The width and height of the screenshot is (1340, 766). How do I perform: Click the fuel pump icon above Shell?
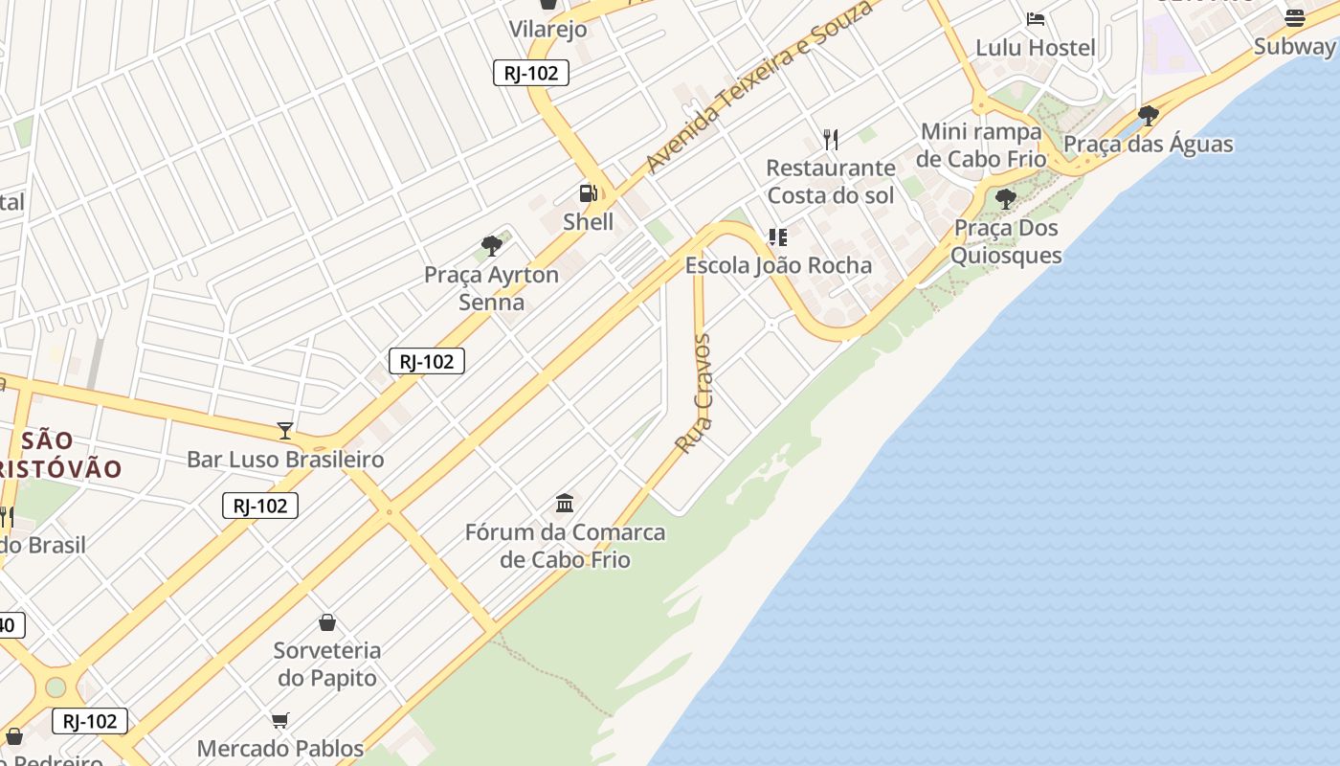click(588, 193)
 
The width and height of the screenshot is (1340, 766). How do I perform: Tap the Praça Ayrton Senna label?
click(491, 288)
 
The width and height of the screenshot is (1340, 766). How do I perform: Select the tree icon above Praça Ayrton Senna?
click(492, 246)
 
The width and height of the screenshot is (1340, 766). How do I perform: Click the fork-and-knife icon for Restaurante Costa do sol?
click(831, 140)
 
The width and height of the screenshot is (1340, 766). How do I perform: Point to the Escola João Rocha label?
click(778, 265)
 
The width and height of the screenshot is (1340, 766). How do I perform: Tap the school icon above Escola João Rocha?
click(777, 237)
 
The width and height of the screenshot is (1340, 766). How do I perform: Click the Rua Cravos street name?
click(694, 394)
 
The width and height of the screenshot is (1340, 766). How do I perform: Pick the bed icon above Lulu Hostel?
click(1035, 18)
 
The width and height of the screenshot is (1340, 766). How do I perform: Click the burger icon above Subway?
click(1294, 17)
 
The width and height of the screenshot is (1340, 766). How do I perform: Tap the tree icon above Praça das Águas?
click(1149, 116)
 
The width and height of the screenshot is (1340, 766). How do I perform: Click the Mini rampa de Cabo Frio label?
click(981, 145)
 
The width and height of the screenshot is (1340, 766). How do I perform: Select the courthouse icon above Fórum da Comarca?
click(565, 503)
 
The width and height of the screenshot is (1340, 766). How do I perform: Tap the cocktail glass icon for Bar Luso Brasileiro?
click(284, 430)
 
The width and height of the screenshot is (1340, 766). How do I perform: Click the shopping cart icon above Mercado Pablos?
click(280, 720)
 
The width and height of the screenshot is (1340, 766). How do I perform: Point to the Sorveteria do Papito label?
click(327, 664)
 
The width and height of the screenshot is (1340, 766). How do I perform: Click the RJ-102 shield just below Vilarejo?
click(531, 73)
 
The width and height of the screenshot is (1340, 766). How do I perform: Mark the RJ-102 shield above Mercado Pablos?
click(90, 721)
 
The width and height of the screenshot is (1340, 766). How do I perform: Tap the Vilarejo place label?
click(547, 29)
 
